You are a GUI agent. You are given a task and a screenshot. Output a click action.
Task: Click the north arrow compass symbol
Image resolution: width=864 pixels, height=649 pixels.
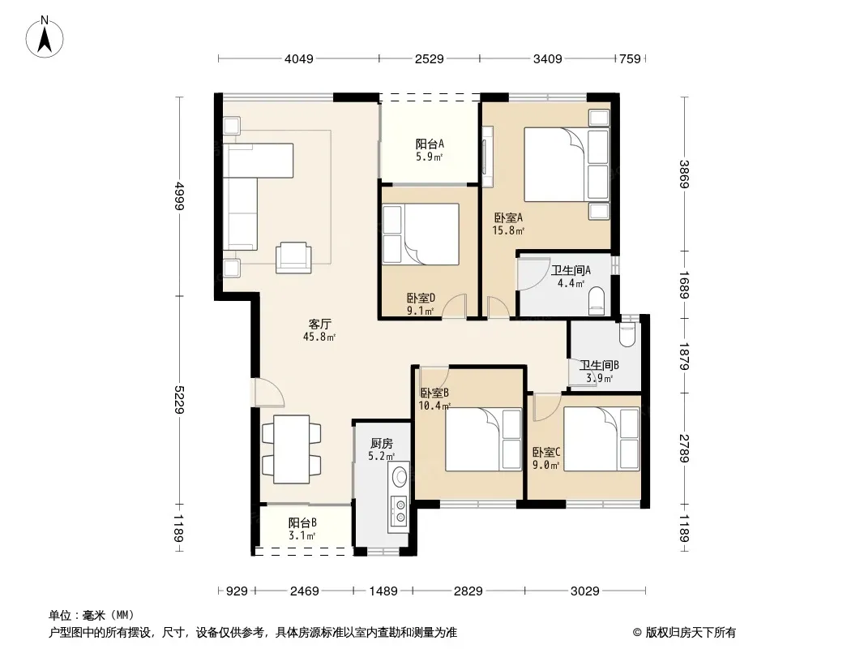[45, 37]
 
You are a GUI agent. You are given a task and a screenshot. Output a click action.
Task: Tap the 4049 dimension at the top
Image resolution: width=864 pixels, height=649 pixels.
[298, 58]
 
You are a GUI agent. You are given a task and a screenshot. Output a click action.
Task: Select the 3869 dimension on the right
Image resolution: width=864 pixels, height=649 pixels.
[684, 174]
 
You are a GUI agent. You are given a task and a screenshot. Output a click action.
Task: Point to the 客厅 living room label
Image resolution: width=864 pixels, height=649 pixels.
[319, 324]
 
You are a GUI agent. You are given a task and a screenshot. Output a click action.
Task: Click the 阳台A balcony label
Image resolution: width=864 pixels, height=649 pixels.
[430, 144]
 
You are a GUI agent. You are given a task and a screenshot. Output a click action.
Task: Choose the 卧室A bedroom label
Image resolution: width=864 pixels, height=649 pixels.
[508, 217]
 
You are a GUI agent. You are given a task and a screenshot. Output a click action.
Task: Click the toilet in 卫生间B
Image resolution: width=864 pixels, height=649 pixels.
[627, 335]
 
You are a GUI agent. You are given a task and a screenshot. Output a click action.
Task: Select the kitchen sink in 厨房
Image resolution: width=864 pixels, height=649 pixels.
[400, 475]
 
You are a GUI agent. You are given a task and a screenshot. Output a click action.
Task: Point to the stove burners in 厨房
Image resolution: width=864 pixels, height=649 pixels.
[400, 510]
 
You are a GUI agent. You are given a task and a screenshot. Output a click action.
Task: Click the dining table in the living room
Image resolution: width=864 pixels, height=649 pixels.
[292, 449]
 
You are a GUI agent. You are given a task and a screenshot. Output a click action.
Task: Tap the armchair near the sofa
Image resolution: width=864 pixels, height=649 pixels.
[293, 257]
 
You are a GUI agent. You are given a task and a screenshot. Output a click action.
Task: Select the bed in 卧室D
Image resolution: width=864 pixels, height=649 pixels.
[421, 234]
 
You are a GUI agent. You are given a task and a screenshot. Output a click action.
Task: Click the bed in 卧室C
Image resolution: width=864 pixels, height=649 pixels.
[601, 439]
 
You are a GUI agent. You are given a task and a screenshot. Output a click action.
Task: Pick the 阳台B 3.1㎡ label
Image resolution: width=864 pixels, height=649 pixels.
[302, 529]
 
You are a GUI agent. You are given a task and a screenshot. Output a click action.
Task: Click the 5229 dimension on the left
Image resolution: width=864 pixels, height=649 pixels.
[179, 400]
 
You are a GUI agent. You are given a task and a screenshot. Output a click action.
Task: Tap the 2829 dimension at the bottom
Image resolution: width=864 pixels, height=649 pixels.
[468, 591]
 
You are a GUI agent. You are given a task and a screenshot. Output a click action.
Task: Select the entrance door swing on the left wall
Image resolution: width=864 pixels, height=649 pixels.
[268, 392]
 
